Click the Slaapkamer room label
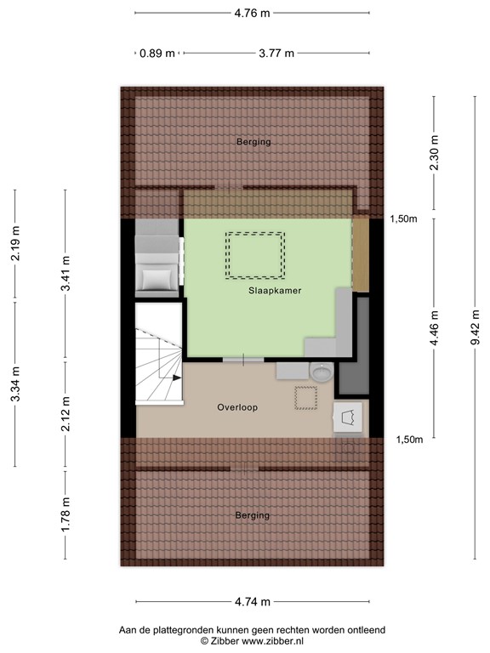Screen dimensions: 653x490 [275, 291]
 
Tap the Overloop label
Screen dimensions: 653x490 [237, 407]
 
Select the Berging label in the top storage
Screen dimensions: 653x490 [254, 142]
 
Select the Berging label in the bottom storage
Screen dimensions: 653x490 [253, 515]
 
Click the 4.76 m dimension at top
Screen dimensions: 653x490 [252, 12]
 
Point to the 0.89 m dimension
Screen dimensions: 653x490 [157, 53]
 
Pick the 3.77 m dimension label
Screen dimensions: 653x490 [276, 53]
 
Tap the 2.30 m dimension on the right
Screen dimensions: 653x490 [435, 153]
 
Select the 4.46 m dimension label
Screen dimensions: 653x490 [435, 328]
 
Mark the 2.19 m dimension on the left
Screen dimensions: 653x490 [15, 245]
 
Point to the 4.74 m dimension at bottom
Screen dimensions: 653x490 [252, 602]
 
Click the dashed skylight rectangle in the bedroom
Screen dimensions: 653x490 [254, 254]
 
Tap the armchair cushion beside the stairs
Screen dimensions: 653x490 [157, 277]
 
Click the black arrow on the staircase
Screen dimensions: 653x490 [175, 377]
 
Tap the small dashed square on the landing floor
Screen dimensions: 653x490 [305, 398]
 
